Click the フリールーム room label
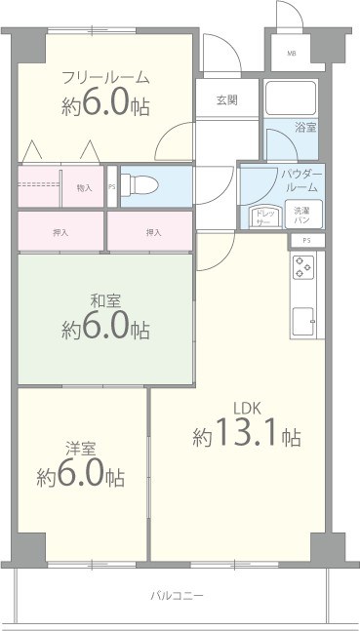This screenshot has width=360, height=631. pyautogui.click(x=105, y=77)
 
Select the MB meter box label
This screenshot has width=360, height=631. pyautogui.click(x=290, y=54)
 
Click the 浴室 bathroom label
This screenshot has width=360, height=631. pyautogui.click(x=306, y=128)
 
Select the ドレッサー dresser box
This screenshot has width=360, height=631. pyautogui.click(x=264, y=217)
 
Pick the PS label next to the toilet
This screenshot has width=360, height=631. pyautogui.click(x=111, y=187)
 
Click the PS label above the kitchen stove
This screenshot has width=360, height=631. pyautogui.click(x=306, y=240)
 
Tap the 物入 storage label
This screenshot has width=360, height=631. pyautogui.click(x=84, y=188)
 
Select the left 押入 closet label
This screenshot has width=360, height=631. pyautogui.click(x=60, y=232)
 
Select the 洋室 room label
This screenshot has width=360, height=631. pyautogui.click(x=80, y=449)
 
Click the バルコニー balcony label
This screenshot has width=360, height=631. pyautogui.click(x=178, y=593)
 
